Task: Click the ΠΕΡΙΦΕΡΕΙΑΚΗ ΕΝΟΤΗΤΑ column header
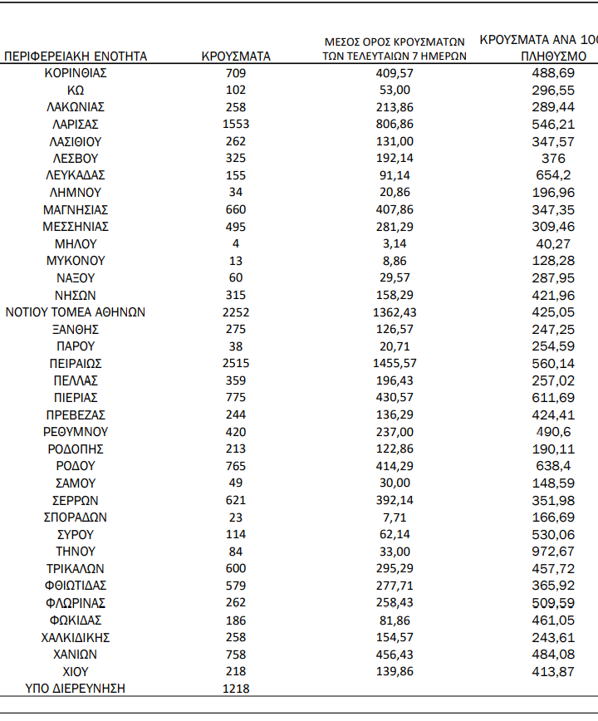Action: (76, 56)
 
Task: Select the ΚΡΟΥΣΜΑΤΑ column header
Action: (236, 56)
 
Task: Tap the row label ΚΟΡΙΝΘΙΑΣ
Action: (76, 73)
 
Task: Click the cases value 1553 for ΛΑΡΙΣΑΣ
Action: (236, 125)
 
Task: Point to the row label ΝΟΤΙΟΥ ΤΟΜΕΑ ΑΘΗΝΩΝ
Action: (76, 312)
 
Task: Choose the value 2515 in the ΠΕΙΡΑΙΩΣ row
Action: (236, 364)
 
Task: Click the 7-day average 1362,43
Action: (394, 312)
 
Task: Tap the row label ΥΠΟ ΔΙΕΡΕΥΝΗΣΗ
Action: (76, 689)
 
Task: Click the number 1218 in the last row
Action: (236, 689)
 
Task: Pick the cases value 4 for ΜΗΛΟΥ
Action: (236, 244)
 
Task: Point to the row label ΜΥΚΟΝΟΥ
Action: (76, 261)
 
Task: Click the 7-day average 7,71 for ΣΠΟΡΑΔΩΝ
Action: (394, 517)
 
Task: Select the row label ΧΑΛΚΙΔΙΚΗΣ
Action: (76, 638)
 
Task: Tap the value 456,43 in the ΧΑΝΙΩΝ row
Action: (394, 655)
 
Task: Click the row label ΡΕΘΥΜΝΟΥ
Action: (76, 432)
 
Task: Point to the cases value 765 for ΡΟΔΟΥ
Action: (236, 466)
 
